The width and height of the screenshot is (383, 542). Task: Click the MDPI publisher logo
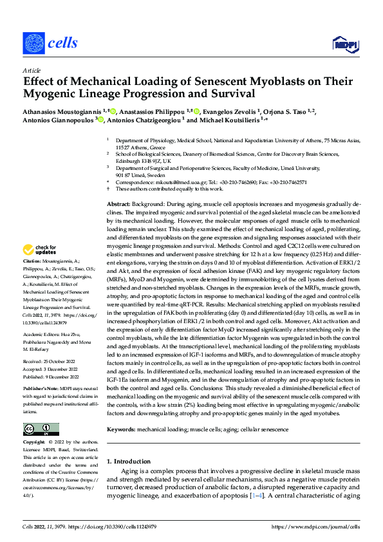pyautogui.click(x=343, y=43)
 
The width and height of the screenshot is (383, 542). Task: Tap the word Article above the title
pyautogui.click(x=32, y=70)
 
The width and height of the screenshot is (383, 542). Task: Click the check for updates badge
pyautogui.click(x=40, y=249)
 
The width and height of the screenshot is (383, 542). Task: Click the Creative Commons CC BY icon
pyautogui.click(x=41, y=429)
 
